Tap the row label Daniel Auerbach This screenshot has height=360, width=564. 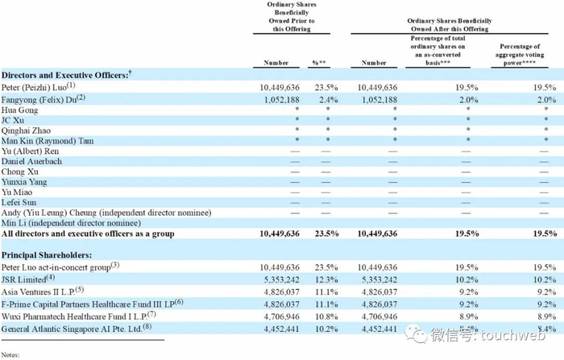[x=31, y=162]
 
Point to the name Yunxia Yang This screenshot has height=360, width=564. [x=24, y=182]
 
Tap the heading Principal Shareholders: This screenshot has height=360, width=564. [x=47, y=255]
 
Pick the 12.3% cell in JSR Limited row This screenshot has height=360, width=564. [x=326, y=279]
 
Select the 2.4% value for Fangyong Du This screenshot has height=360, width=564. [x=329, y=100]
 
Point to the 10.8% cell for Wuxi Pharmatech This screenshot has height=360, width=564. [x=326, y=317]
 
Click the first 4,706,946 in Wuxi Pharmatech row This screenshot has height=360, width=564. [x=282, y=317]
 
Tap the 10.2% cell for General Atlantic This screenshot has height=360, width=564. [x=326, y=329]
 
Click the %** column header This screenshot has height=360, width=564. [x=319, y=63]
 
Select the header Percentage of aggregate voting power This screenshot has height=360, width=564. [x=520, y=55]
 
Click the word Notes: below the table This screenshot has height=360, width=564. [x=10, y=354]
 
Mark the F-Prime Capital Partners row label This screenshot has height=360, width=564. [x=92, y=304]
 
